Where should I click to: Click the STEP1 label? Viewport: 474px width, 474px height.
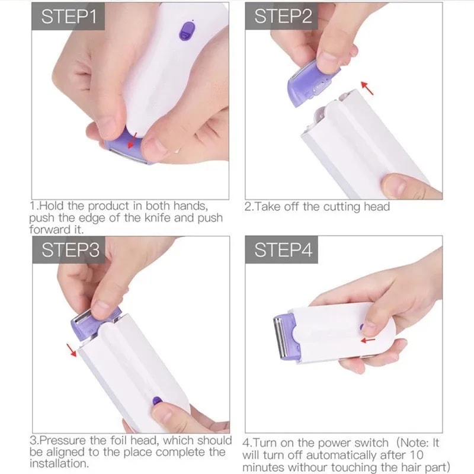(67, 15)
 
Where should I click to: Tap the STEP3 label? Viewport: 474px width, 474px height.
(67, 250)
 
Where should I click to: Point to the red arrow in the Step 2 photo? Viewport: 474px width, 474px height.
(369, 89)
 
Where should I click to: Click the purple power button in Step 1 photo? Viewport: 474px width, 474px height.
(187, 31)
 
